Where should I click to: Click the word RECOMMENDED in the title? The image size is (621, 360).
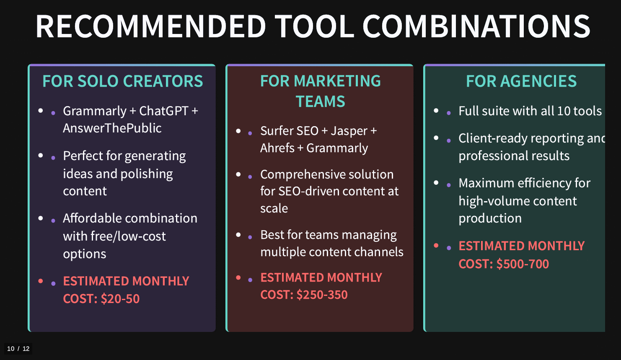(151, 26)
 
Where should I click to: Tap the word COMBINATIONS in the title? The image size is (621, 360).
(476, 26)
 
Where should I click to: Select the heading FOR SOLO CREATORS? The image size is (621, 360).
(122, 81)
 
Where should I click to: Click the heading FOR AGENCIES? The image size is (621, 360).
(521, 81)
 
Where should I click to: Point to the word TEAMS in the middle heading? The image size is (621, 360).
(320, 101)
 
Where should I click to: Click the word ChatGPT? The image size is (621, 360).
(164, 111)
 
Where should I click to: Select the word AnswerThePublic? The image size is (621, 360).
(112, 128)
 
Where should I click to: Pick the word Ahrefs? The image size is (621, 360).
(277, 148)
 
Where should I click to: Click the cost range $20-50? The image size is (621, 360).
(120, 299)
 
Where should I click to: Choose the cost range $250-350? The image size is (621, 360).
(322, 295)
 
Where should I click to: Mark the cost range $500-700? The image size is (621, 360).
(523, 264)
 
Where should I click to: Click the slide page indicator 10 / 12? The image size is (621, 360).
(18, 349)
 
